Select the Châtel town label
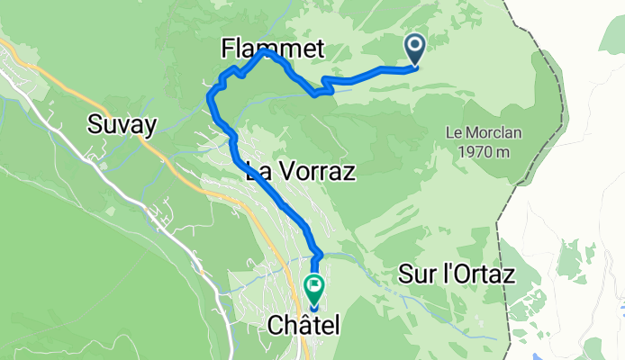(x=303, y=328)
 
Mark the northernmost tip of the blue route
(x=265, y=51)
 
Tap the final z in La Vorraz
(x=349, y=171)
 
